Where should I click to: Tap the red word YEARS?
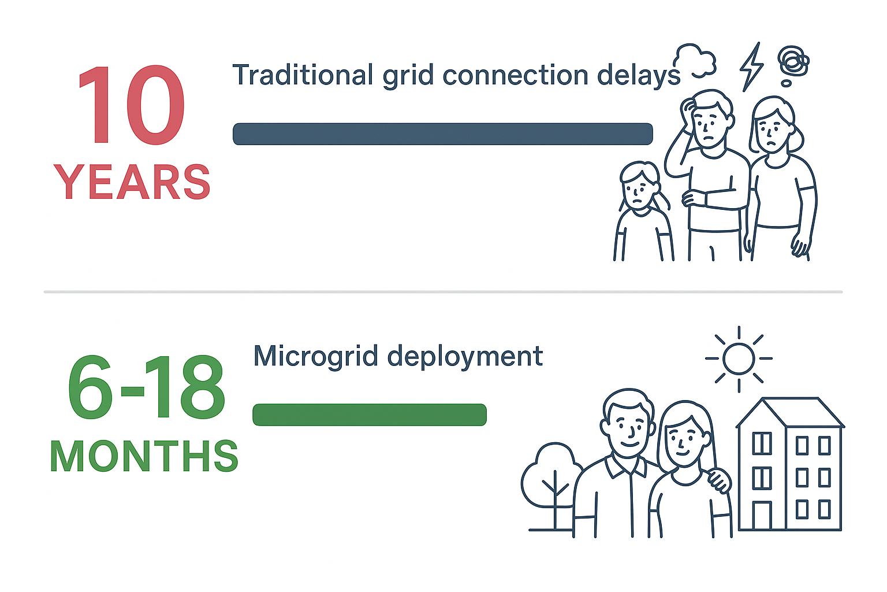click(132, 182)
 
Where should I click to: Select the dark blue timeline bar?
click(443, 134)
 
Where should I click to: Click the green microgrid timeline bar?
click(370, 415)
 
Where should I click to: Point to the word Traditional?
click(303, 75)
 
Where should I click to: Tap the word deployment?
click(465, 357)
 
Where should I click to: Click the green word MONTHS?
click(144, 456)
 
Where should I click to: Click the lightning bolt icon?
click(751, 66)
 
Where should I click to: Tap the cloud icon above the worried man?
click(695, 60)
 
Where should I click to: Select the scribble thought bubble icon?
click(793, 65)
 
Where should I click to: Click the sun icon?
click(739, 359)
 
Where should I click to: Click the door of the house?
click(762, 516)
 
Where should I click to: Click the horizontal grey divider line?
click(443, 292)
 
